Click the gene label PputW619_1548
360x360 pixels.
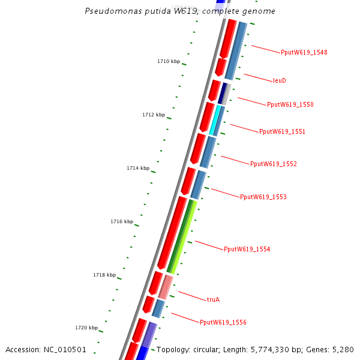(x=304, y=52)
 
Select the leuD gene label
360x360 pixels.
(x=279, y=80)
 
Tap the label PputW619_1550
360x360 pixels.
(x=290, y=104)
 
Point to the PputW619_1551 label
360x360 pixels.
(x=282, y=131)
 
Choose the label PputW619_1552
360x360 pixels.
(x=273, y=164)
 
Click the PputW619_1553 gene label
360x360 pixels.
(x=263, y=197)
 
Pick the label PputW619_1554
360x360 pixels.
(x=247, y=249)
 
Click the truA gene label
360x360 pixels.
(x=213, y=299)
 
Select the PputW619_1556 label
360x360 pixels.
(x=223, y=323)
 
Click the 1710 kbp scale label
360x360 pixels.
(x=169, y=61)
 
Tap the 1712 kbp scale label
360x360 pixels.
(x=154, y=115)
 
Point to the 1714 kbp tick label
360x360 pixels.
(x=138, y=168)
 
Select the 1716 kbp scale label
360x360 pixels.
(x=122, y=221)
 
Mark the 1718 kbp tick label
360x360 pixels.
(x=104, y=275)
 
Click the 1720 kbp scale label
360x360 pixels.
(x=86, y=328)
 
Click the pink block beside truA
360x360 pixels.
(x=166, y=287)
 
